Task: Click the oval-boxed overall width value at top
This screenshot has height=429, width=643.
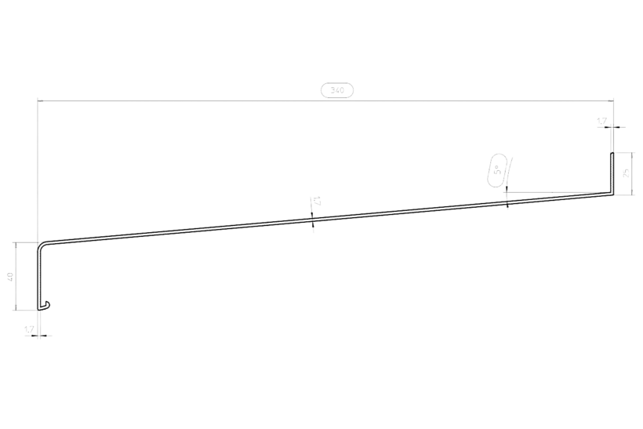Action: coord(339,91)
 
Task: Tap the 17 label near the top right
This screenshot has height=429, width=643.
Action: coord(602,121)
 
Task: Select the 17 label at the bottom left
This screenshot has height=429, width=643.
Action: coord(30,330)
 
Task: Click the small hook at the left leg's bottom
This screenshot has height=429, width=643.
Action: coord(47,304)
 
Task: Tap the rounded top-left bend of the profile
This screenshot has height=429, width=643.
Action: coord(40,243)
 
